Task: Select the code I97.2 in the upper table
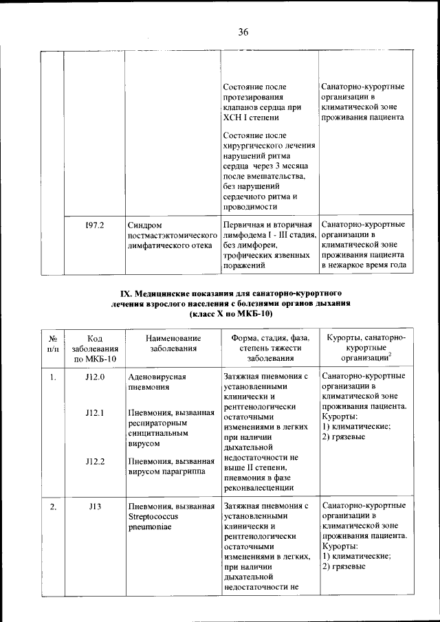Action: point(94,225)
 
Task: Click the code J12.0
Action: point(94,377)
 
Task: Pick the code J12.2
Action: point(94,461)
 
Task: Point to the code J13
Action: point(94,507)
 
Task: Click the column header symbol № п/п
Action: point(52,343)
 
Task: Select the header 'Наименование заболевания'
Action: point(173,343)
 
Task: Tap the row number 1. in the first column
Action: point(52,377)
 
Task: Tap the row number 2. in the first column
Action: point(52,507)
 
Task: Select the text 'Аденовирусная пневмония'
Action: point(157,381)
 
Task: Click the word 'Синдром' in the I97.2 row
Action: point(145,225)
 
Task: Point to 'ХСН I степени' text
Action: point(251,118)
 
